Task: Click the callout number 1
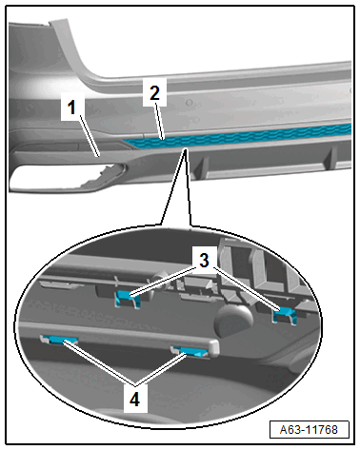pos(72,107)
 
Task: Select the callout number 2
pos(154,92)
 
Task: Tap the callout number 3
pos(204,261)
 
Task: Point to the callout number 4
pos(134,399)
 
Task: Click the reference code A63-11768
pos(309,430)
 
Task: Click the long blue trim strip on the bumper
pos(238,137)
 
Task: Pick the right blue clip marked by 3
pos(284,314)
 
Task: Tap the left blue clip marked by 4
pos(60,340)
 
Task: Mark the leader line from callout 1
pos(90,136)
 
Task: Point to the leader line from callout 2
pos(159,121)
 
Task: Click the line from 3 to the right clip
pos(248,288)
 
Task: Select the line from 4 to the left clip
pos(99,362)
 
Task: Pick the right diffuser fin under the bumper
pos(330,158)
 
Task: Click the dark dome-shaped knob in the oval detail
pos(233,320)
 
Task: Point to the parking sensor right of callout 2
pos(190,103)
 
